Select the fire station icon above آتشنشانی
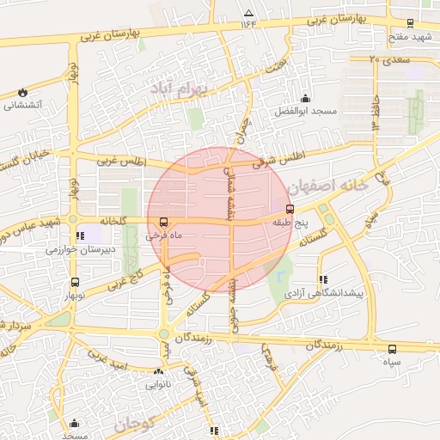click(x=21, y=93)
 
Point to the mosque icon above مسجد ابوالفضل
click(x=305, y=99)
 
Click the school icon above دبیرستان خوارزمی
click(x=80, y=235)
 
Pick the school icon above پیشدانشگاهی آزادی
click(x=323, y=279)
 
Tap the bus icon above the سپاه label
click(x=392, y=349)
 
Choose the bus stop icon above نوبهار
click(x=75, y=281)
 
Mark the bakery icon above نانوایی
click(x=158, y=372)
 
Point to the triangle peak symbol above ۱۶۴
click(x=249, y=13)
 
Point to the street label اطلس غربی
click(x=122, y=162)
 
